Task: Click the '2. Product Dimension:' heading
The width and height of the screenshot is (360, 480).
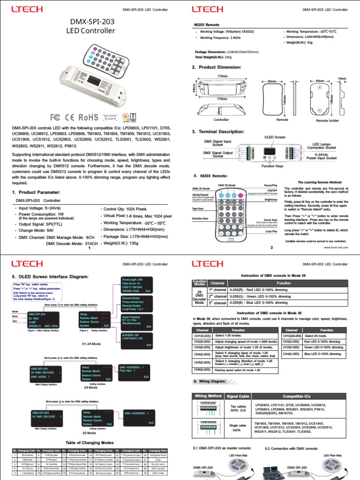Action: [217, 67]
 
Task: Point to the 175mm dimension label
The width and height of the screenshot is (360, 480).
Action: [222, 76]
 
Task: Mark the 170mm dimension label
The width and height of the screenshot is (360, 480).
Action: [222, 99]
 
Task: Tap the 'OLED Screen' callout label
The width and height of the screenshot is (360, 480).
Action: [274, 137]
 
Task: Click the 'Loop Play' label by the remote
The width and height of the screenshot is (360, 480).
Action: [271, 231]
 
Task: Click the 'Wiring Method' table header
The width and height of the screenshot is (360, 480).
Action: [208, 396]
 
